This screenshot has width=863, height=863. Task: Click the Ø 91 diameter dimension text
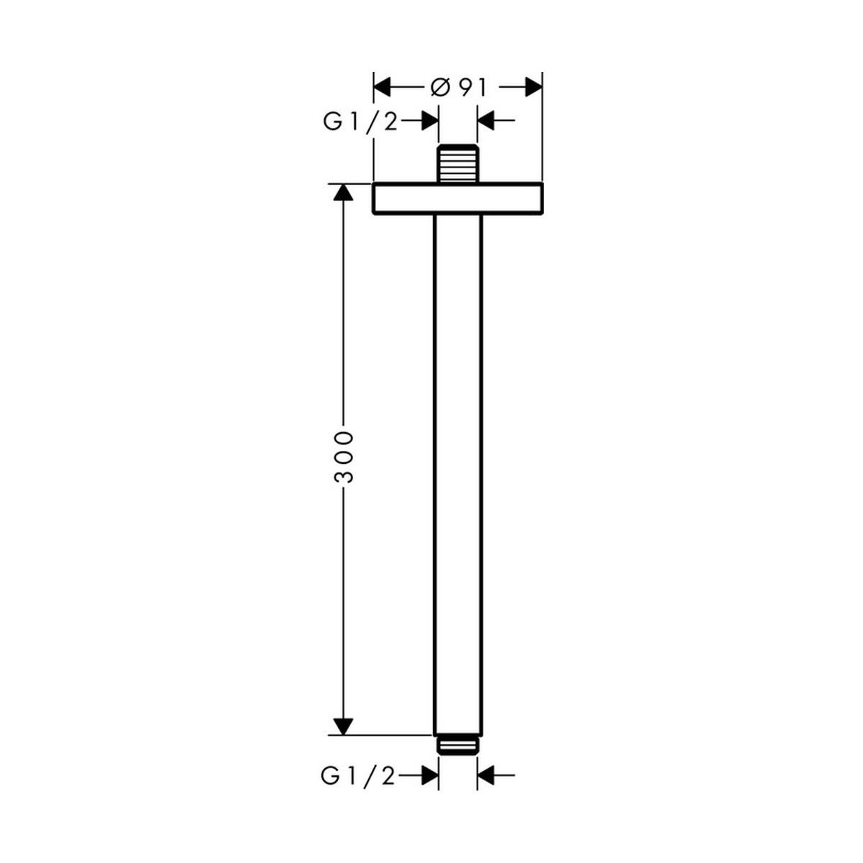coord(457,87)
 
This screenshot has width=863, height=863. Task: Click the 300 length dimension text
coord(344,457)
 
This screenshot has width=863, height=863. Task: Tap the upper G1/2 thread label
coord(360,122)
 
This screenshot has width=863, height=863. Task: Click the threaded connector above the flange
coord(457,164)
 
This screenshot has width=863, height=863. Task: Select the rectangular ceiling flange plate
coord(457,198)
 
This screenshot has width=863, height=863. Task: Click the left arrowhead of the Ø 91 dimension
coord(382,87)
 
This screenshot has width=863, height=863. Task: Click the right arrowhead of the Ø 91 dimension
coord(534,87)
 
